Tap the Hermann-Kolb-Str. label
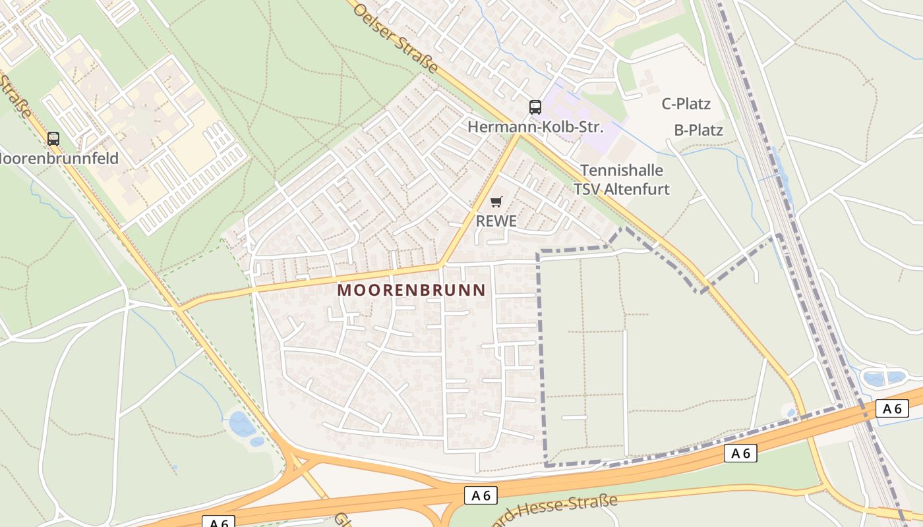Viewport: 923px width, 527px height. pyautogui.click(x=535, y=126)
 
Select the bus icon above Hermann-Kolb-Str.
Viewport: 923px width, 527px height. pyautogui.click(x=535, y=107)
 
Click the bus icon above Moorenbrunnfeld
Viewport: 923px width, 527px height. pyautogui.click(x=53, y=139)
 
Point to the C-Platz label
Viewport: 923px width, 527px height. pyautogui.click(x=686, y=104)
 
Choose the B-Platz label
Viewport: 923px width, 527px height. pyautogui.click(x=698, y=130)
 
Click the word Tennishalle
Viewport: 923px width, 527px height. pyautogui.click(x=621, y=171)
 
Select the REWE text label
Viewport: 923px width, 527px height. pyautogui.click(x=496, y=221)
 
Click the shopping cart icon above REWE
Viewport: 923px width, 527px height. pyautogui.click(x=496, y=202)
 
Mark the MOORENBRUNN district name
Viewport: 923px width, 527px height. pyautogui.click(x=411, y=290)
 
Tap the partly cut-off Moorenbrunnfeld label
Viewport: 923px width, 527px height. pyautogui.click(x=59, y=159)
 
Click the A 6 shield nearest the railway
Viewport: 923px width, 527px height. pyautogui.click(x=892, y=409)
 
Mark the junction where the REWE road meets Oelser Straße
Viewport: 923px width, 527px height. pyautogui.click(x=518, y=134)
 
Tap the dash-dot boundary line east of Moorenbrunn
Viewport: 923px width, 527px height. pyautogui.click(x=543, y=356)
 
